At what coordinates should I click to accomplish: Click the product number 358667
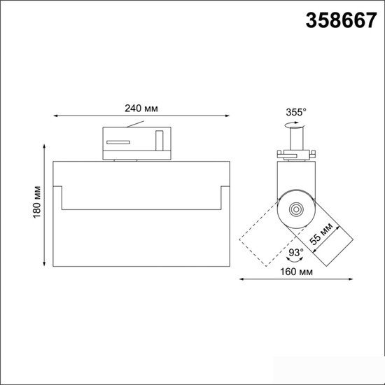tap(341, 20)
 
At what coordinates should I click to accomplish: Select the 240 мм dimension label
tap(141, 108)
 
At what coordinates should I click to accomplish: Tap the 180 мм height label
tap(37, 202)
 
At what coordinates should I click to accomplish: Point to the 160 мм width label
tap(296, 272)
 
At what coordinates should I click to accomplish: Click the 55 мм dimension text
tap(321, 234)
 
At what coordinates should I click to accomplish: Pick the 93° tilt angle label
tap(296, 252)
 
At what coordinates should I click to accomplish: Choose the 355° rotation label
tap(296, 112)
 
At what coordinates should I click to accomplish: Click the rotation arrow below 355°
tap(294, 125)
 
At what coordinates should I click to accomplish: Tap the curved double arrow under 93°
tap(295, 259)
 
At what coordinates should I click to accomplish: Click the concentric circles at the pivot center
tap(296, 209)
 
